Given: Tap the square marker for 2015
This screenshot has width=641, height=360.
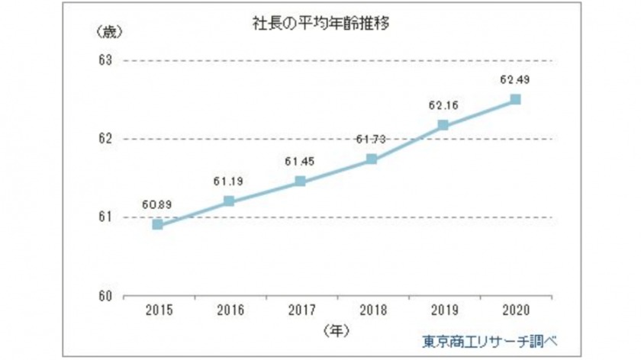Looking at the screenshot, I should click(x=157, y=224).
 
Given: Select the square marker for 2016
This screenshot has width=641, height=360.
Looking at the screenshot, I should click(x=228, y=201).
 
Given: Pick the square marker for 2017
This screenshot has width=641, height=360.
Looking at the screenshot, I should click(x=300, y=182).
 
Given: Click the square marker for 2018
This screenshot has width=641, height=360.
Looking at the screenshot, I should click(x=372, y=159).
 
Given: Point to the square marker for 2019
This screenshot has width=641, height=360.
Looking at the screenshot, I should click(x=443, y=125).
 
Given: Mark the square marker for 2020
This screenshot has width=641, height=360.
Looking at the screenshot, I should click(x=515, y=99).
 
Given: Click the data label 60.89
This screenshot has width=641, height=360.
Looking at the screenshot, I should click(x=157, y=204).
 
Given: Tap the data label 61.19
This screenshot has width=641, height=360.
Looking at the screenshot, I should click(x=228, y=182).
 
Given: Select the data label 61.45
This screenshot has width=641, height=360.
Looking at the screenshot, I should click(x=300, y=161).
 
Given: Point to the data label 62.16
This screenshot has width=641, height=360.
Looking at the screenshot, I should click(x=443, y=105).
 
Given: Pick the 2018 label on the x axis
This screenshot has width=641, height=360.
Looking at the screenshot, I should click(x=372, y=311).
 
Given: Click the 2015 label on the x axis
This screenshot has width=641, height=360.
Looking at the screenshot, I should click(x=157, y=311).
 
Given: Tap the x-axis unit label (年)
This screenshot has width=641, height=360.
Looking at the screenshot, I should click(x=336, y=330).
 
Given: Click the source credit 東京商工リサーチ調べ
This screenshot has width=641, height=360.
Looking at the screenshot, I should click(x=491, y=339).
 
